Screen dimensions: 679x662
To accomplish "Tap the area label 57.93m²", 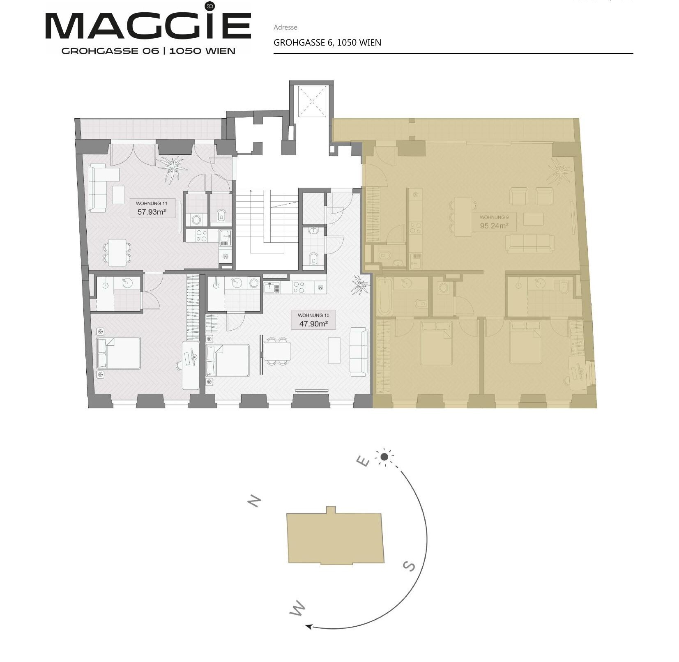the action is coord(151,212).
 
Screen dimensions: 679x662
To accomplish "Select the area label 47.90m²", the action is coord(313,324).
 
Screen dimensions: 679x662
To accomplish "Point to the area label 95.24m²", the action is coord(494,225).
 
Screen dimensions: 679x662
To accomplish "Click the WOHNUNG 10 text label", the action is coord(313,315).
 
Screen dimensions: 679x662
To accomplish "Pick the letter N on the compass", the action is coord(254,501).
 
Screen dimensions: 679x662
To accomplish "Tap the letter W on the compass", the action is coord(297,608).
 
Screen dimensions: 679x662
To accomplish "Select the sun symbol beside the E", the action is coord(384,457).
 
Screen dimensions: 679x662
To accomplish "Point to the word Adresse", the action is coord(285,28).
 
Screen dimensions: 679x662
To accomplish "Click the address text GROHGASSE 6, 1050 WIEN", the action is coord(327,43).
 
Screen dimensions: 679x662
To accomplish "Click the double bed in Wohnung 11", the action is coord(119,353).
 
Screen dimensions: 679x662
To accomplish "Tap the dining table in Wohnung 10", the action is coord(277,352).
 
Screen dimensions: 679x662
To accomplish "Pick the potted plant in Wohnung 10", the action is coord(360,285).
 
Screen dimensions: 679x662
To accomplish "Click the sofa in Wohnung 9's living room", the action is coord(529,243).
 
